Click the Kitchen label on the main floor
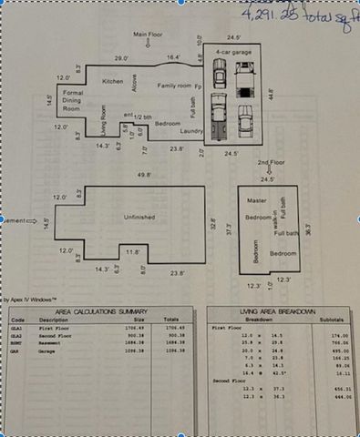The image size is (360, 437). (x=113, y=81)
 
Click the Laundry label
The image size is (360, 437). (x=190, y=131)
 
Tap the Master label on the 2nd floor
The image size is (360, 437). (x=256, y=200)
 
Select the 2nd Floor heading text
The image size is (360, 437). (x=271, y=162)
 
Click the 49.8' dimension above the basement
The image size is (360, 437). (x=144, y=174)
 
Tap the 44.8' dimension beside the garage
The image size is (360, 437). (x=271, y=91)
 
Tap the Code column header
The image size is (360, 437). (x=17, y=320)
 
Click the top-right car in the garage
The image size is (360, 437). (x=245, y=79)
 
